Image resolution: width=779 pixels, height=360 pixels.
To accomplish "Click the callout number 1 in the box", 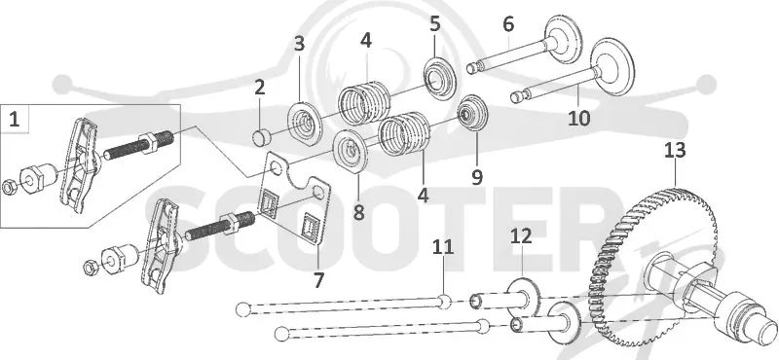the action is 15,119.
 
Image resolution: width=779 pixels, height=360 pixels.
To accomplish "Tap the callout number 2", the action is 259,88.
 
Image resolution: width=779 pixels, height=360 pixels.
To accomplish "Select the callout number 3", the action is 299,44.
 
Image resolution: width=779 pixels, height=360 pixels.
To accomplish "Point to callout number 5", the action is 435,23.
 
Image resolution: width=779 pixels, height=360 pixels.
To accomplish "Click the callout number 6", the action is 508,24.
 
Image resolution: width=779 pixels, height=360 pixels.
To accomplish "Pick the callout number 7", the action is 318,280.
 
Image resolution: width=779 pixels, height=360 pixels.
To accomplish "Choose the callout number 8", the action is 358,212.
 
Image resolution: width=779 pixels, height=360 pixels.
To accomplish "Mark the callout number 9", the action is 477,177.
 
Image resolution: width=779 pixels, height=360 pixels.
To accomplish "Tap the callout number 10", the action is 579,118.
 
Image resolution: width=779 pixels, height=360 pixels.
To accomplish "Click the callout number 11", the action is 443,247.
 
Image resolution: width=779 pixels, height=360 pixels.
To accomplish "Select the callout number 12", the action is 521,236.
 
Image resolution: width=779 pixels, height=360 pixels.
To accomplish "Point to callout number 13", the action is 675,150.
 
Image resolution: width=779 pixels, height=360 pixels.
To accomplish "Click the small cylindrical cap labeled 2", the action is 261,137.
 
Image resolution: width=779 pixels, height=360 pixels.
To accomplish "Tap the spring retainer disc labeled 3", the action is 302,123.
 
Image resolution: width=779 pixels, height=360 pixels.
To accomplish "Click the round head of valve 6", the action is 564,39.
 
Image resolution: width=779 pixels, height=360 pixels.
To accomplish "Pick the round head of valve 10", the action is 613,66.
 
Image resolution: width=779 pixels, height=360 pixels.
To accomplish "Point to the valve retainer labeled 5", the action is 440,79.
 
